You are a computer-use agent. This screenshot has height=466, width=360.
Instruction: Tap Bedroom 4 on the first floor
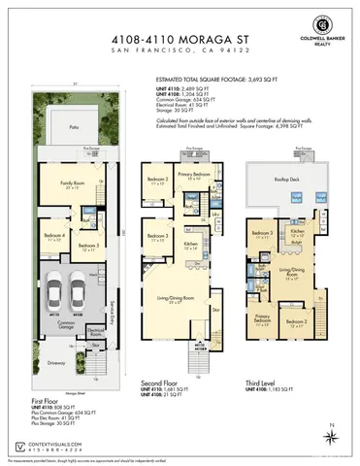55,236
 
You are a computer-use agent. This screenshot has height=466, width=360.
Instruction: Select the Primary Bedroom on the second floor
195,176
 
